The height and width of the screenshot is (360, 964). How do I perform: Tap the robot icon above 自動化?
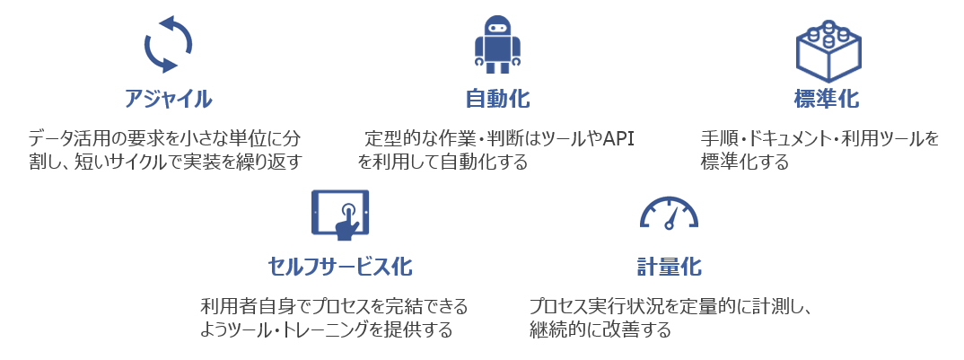pos(497,44)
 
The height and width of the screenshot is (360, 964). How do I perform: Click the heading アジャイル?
pos(168,100)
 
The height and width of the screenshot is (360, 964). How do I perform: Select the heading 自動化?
pos(497,100)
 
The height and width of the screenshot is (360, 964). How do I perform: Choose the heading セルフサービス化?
pos(340,267)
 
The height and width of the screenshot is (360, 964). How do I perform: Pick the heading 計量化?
pos(669,267)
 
